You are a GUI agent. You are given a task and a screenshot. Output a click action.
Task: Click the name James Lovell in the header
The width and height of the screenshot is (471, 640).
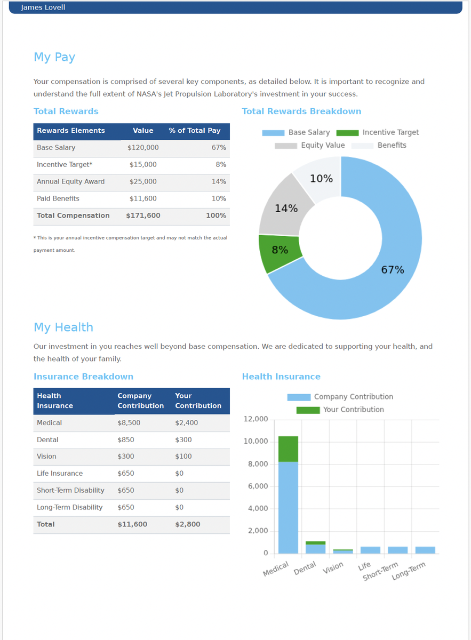[43, 7]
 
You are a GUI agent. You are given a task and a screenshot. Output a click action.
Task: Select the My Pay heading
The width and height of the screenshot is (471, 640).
[54, 57]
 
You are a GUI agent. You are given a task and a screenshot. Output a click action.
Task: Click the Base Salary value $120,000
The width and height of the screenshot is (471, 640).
[143, 148]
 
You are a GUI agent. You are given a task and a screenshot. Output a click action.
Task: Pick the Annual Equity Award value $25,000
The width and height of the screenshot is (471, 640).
[143, 182]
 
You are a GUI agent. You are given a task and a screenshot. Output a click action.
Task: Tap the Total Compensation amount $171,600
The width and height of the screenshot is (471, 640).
[143, 216]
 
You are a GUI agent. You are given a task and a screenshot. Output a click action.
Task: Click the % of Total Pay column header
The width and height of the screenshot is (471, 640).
[195, 131]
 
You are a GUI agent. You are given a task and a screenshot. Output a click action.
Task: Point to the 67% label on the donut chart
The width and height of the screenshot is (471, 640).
[393, 270]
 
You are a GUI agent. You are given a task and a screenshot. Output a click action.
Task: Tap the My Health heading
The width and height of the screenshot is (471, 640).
[63, 327]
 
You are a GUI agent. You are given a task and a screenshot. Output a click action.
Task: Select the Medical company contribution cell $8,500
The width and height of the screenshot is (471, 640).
[129, 423]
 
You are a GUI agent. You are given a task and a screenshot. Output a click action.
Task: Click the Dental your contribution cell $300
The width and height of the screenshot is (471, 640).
[182, 440]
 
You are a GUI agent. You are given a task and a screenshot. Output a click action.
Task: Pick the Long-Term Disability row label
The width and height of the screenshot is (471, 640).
[69, 508]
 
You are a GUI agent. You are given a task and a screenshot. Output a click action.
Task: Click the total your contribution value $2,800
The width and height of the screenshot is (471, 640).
[188, 525]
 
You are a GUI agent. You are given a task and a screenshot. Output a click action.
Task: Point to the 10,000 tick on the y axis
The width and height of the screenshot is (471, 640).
[256, 442]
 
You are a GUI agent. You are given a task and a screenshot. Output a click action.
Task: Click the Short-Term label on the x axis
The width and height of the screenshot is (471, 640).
[380, 572]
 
